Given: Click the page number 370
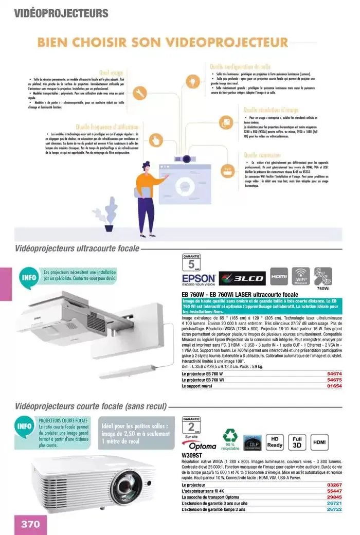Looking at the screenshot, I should (x=30, y=524).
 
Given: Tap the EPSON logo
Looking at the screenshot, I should (x=198, y=279).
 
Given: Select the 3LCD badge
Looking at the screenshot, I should (x=242, y=278).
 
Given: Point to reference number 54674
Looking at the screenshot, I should (x=334, y=374).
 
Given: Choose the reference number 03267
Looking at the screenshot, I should (x=334, y=485).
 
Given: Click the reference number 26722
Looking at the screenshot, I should (x=334, y=509).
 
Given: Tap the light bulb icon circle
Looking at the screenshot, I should (x=193, y=81).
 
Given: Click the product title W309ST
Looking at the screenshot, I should (x=193, y=455).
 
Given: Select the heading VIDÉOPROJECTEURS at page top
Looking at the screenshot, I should (x=61, y=13).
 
